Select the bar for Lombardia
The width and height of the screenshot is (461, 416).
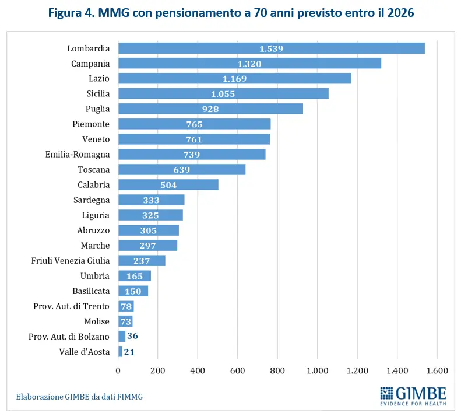coord(271,48)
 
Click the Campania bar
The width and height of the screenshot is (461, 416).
coord(249,64)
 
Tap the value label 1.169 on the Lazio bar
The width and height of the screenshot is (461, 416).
coord(234,79)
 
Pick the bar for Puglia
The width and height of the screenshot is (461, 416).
coord(210,109)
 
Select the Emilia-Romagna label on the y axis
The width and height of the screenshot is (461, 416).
coord(78,154)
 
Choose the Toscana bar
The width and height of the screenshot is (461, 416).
coord(182,169)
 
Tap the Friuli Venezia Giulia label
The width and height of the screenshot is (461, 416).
coord(71,261)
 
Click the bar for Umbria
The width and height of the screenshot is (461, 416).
coord(135,276)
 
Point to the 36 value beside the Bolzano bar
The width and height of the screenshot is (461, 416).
coord(132,336)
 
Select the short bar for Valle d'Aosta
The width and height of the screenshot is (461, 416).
coord(120,351)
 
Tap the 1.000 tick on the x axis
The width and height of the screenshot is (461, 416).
coord(317,370)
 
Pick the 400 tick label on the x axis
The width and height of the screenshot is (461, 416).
coord(198,370)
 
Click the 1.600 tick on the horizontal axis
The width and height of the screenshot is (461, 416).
coord(437,370)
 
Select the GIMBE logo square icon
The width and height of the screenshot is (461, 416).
coord(387,393)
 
